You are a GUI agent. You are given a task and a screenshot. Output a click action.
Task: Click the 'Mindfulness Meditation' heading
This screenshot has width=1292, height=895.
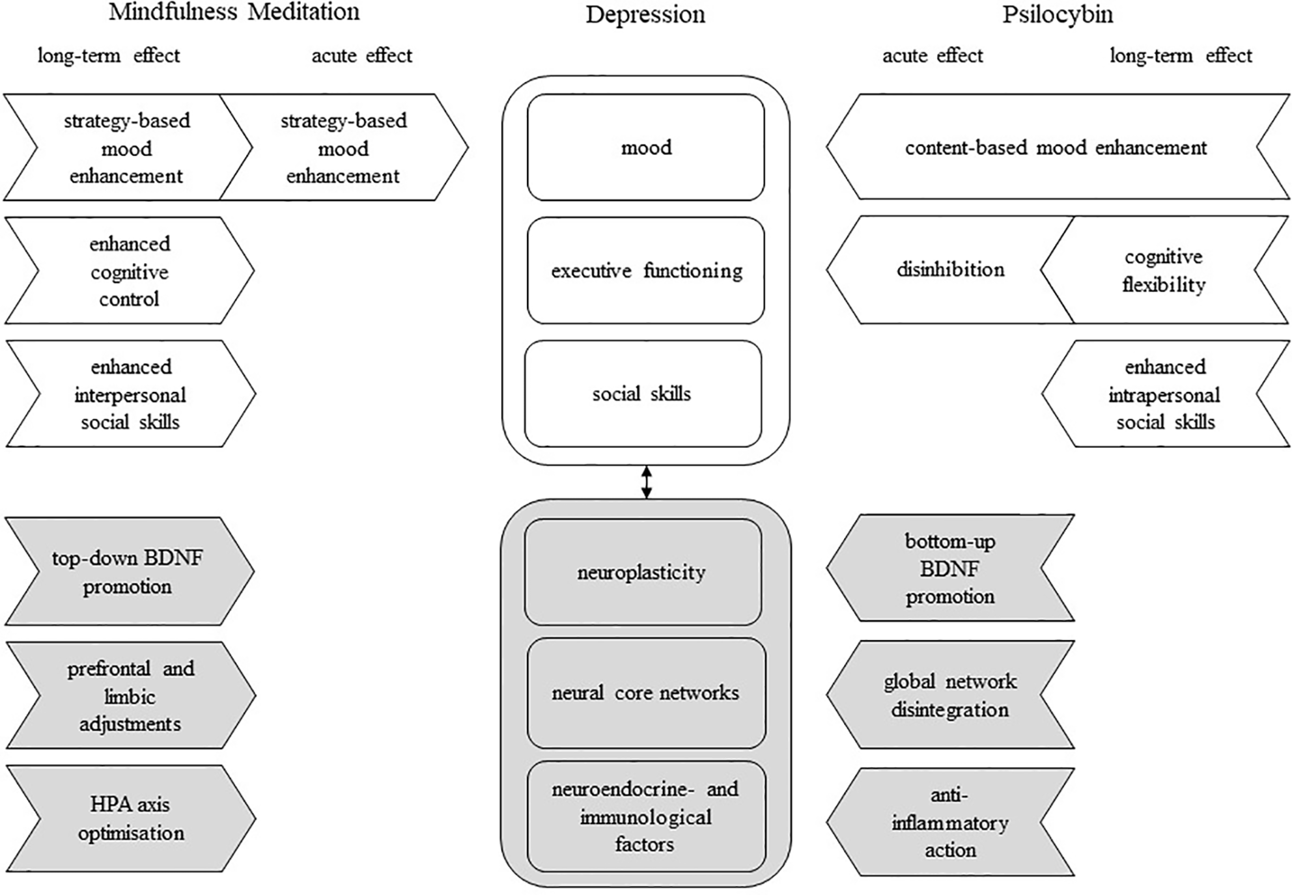point(234,12)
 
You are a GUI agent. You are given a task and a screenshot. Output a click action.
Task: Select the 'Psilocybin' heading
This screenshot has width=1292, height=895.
point(1057,14)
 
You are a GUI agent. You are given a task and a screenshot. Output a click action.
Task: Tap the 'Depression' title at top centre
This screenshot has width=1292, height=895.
point(645,14)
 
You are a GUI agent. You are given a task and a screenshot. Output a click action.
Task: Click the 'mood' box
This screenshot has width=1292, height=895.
point(645,148)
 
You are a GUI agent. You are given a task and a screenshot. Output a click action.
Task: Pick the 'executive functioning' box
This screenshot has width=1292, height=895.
point(645,271)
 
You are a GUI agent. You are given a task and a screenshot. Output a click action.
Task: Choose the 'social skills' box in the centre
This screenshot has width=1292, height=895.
point(642,394)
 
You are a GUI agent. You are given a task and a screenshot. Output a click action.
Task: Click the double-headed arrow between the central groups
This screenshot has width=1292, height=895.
point(646,482)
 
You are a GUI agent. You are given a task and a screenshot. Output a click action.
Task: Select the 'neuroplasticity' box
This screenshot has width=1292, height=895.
point(642,572)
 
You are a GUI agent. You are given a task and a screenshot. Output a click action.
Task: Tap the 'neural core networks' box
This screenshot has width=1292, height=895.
point(645,693)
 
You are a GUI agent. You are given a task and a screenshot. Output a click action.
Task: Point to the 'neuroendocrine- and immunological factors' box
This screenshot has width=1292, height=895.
point(645,817)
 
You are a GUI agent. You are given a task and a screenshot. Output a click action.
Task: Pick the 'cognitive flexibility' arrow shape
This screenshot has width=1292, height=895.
point(1163,270)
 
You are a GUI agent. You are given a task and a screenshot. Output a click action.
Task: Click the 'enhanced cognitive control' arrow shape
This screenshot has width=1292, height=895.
point(130,271)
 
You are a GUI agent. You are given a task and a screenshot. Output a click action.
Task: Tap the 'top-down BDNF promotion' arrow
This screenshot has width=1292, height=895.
point(128,572)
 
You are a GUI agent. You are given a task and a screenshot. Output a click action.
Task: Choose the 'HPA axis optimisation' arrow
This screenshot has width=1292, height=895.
point(130,819)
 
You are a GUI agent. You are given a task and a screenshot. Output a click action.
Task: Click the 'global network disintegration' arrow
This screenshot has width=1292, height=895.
point(949,695)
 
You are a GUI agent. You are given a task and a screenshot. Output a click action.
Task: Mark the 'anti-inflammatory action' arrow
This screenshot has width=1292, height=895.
point(949,822)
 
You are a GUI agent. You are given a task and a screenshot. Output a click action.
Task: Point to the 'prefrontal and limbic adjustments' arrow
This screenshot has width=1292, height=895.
point(130,696)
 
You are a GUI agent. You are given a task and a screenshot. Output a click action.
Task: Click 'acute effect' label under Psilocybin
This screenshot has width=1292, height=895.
point(932,56)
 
